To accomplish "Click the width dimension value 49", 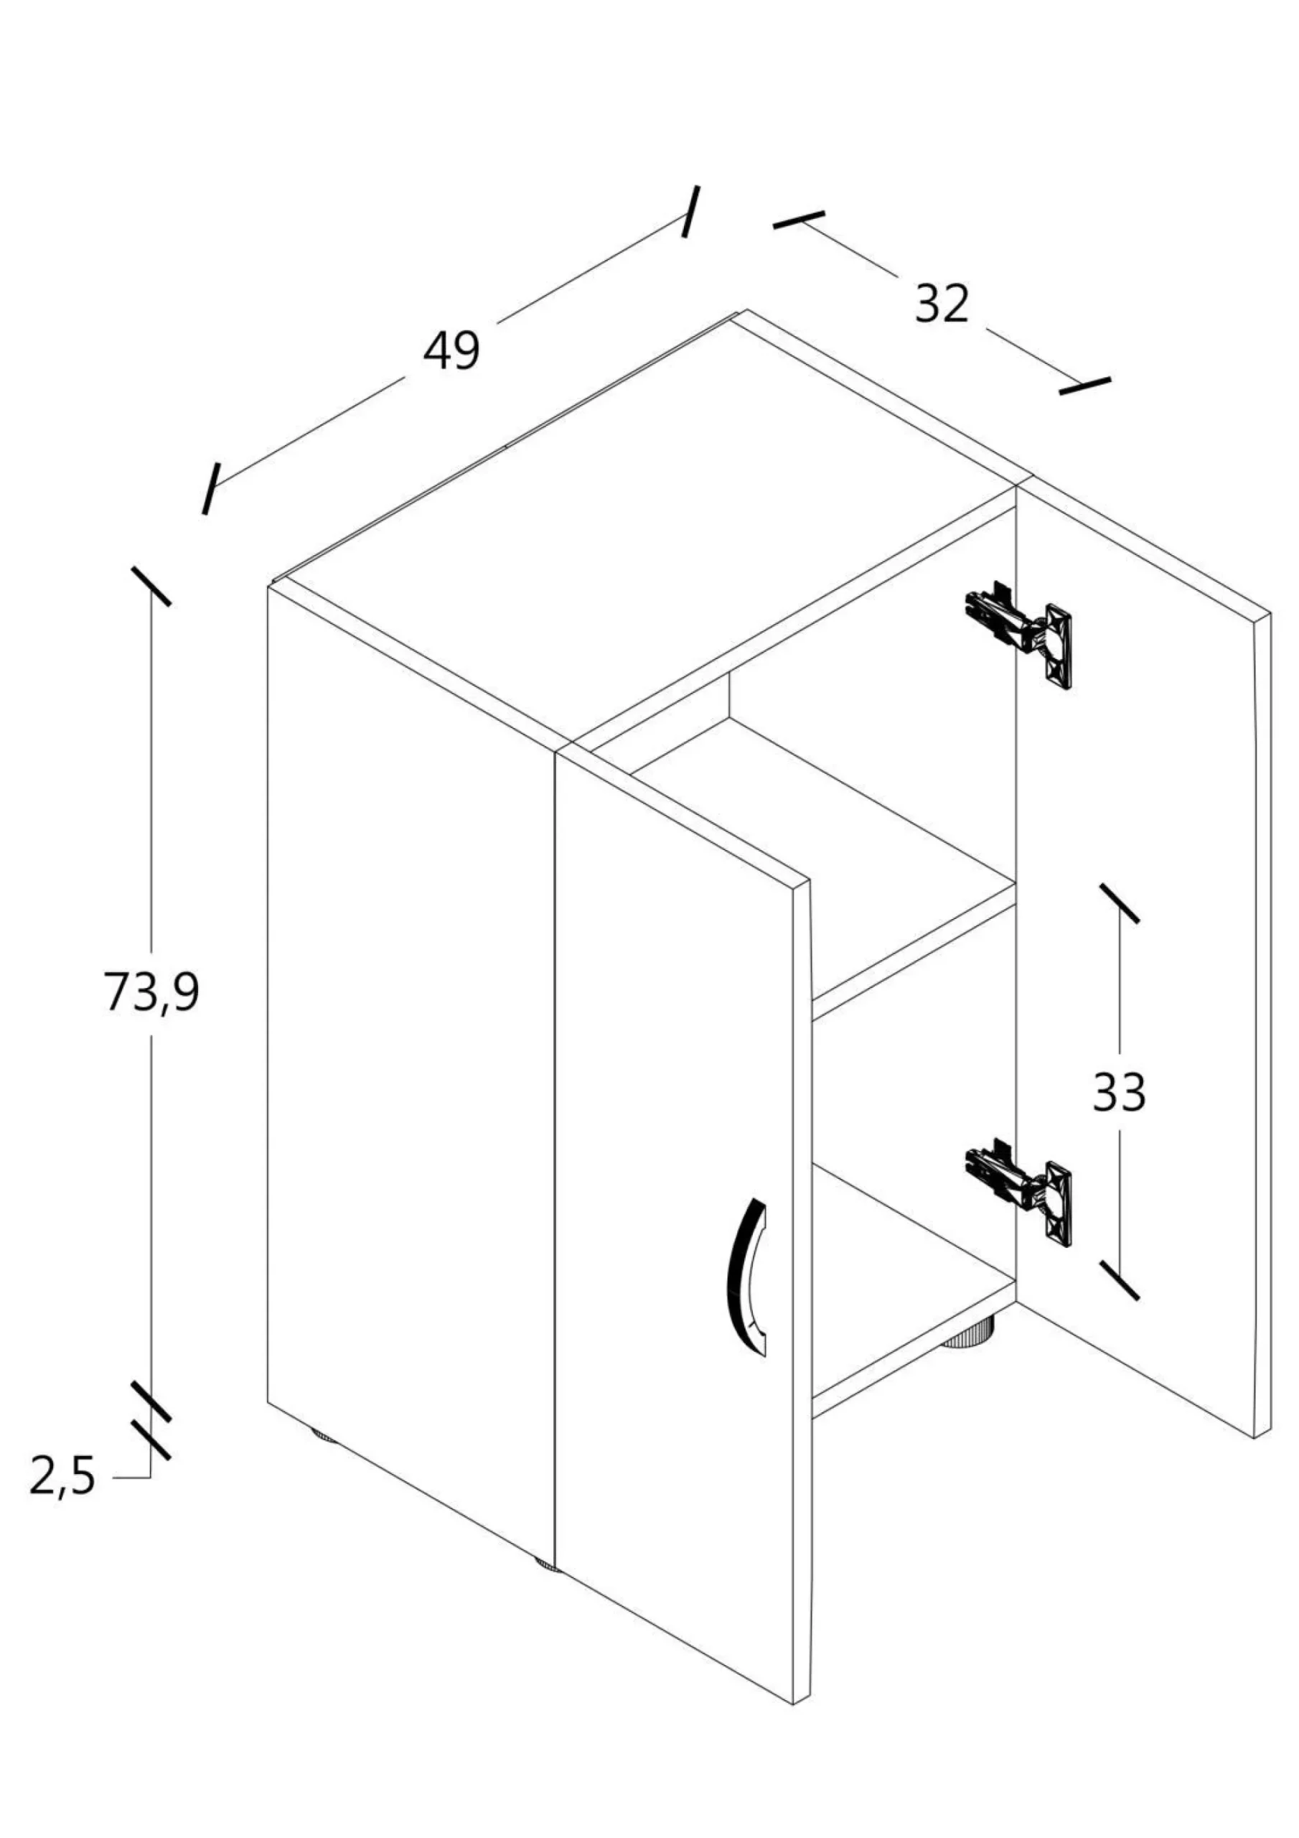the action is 451,350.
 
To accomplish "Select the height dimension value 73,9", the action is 151,993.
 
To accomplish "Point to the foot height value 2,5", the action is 62,1476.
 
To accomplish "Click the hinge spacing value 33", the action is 1119,1092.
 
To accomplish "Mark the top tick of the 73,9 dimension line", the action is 151,586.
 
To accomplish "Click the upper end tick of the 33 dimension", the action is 1119,904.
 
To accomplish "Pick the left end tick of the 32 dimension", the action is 798,220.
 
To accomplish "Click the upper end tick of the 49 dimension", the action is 690,211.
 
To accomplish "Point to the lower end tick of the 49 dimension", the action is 210,488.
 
